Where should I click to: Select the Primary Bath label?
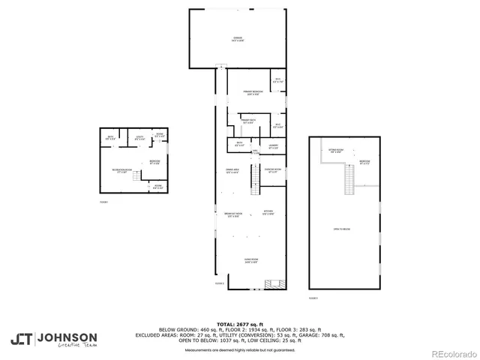coord(249,121)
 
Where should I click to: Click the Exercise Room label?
coord(273,171)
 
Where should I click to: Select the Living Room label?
coord(250,261)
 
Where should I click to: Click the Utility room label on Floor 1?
coord(139,137)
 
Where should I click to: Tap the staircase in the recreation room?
coord(136,175)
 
